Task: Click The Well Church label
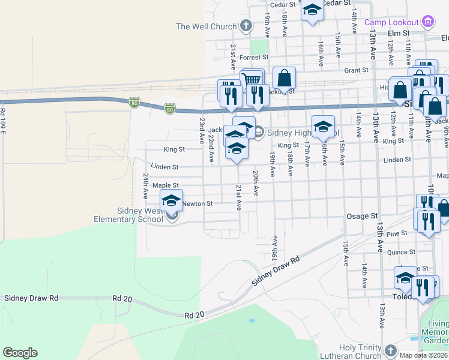tap(206, 26)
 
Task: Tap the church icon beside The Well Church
tap(245, 26)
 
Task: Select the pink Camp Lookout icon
tap(428, 22)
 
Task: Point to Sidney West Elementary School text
tap(140, 215)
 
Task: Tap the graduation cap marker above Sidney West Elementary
tap(171, 200)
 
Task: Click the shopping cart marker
tap(252, 80)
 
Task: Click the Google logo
tap(20, 353)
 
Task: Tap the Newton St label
tap(197, 204)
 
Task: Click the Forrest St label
tap(253, 58)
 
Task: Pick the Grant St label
tap(356, 70)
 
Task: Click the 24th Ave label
tap(145, 187)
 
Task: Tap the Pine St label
tap(397, 233)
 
